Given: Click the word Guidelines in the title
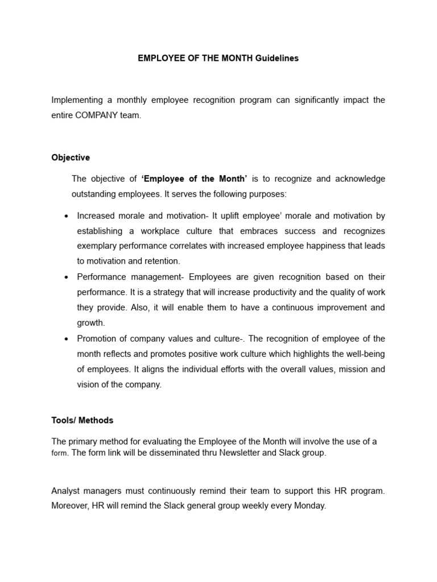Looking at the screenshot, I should coord(277,59).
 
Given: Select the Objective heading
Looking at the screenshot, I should coord(71,157).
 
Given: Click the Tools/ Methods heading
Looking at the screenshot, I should coord(83,421).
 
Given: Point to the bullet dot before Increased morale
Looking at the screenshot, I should coord(67,217).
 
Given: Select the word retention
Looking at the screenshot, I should coord(161,261).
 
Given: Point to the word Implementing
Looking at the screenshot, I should coord(77,100).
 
